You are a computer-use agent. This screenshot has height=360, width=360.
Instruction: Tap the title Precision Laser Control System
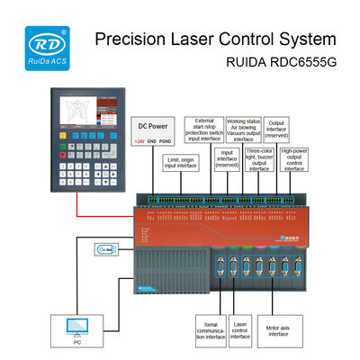point(216,40)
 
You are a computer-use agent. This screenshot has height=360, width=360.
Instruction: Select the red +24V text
point(139,141)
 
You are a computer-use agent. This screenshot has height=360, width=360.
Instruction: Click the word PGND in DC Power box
point(168,141)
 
